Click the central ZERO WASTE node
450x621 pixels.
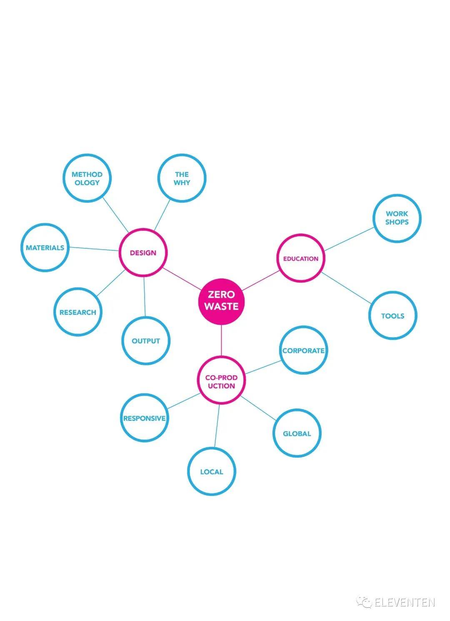click(x=221, y=301)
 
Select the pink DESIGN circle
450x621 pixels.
click(x=143, y=253)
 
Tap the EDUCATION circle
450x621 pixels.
click(x=300, y=258)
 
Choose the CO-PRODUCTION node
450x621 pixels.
click(x=221, y=381)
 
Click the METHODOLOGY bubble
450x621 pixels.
click(x=87, y=178)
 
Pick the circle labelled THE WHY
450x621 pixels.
click(x=182, y=178)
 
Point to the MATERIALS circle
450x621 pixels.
click(x=45, y=248)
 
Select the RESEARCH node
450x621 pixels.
click(x=77, y=312)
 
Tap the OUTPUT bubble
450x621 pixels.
click(x=146, y=341)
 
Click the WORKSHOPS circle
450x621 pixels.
click(x=397, y=218)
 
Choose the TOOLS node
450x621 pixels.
click(x=392, y=316)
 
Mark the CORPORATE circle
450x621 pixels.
click(x=303, y=351)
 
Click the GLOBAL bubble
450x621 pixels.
click(x=297, y=433)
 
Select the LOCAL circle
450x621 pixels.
click(x=212, y=471)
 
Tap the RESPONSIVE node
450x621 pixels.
click(x=144, y=418)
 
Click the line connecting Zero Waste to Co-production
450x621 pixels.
click(x=221, y=340)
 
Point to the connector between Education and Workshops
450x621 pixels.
click(x=349, y=239)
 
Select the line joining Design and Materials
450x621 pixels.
click(x=94, y=249)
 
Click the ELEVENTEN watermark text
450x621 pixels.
click(x=404, y=602)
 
